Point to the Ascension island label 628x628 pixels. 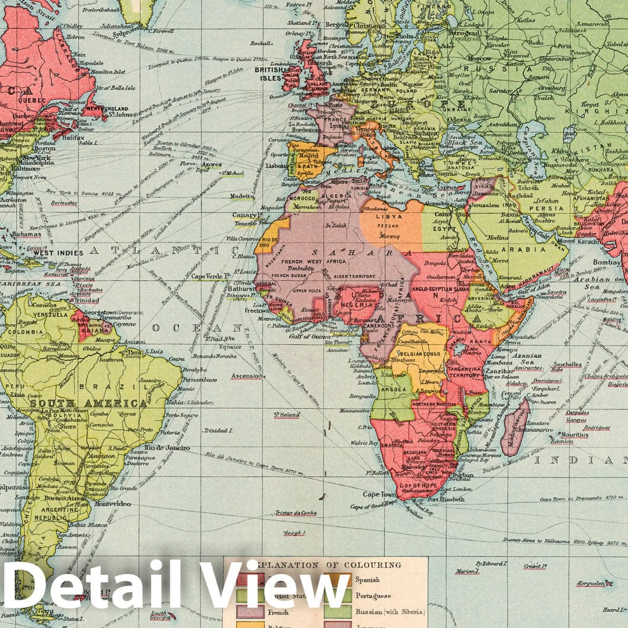[246, 376]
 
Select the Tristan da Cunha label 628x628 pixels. [296, 513]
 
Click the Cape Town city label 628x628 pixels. [380, 495]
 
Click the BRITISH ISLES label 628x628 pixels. [268, 73]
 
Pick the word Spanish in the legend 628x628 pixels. [369, 579]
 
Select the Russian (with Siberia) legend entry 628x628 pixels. [389, 611]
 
